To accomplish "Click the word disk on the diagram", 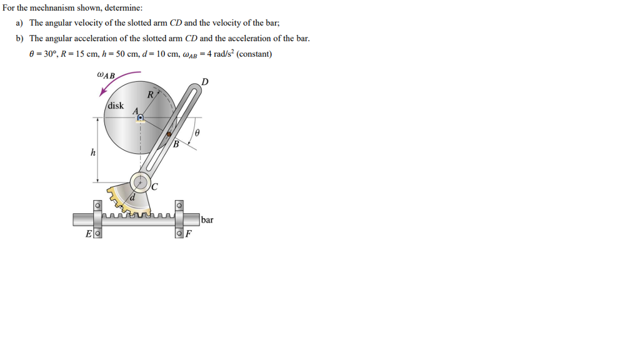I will point(116,106).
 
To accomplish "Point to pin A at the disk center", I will point(141,117).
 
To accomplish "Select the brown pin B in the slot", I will point(168,134).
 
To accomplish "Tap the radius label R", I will point(150,95).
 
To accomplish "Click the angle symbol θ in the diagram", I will point(197,133).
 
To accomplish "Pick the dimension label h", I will point(93,152).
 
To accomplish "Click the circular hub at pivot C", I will point(141,182).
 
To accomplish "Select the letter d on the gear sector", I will point(132,199).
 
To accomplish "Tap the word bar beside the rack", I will point(207,220).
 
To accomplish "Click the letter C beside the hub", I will point(154,186).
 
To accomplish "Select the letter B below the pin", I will point(176,145).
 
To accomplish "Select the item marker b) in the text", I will point(20,38).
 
